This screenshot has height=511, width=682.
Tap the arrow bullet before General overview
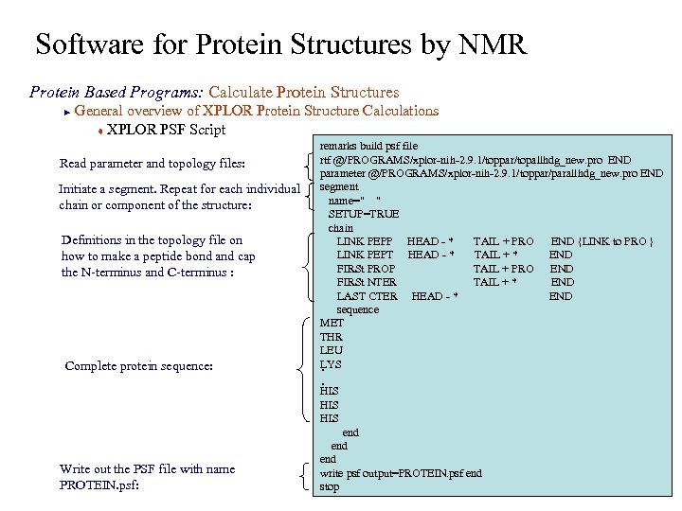coord(65,112)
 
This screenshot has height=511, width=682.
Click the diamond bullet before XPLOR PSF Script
coord(99,131)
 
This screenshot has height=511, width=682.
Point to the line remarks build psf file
coord(368,146)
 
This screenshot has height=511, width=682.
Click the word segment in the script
coord(339,186)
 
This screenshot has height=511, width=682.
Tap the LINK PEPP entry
coord(365,241)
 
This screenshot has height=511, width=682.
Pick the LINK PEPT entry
coord(365,255)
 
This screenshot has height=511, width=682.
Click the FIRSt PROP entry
coord(367,269)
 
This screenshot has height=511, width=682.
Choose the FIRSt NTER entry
coord(367,282)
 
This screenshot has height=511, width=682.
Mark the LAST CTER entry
coord(367,296)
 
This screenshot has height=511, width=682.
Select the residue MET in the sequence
coord(332,323)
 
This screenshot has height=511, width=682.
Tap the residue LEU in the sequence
coord(332,350)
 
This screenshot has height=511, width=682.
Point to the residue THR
coord(332,337)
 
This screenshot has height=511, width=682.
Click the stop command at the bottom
coord(329,486)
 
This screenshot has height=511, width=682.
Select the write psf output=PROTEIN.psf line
coord(400,473)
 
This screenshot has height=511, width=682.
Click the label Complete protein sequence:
coord(138,365)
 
